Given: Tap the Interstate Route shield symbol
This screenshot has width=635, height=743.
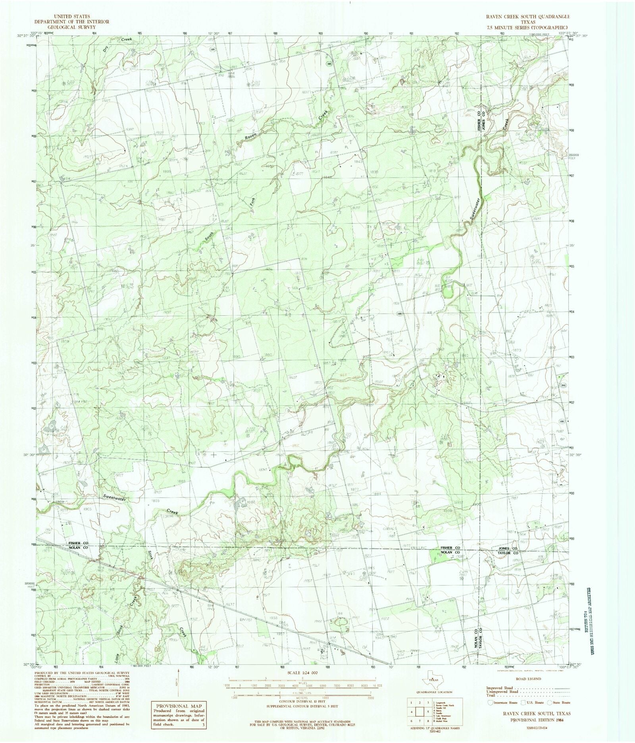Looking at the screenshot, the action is pyautogui.click(x=491, y=702).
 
